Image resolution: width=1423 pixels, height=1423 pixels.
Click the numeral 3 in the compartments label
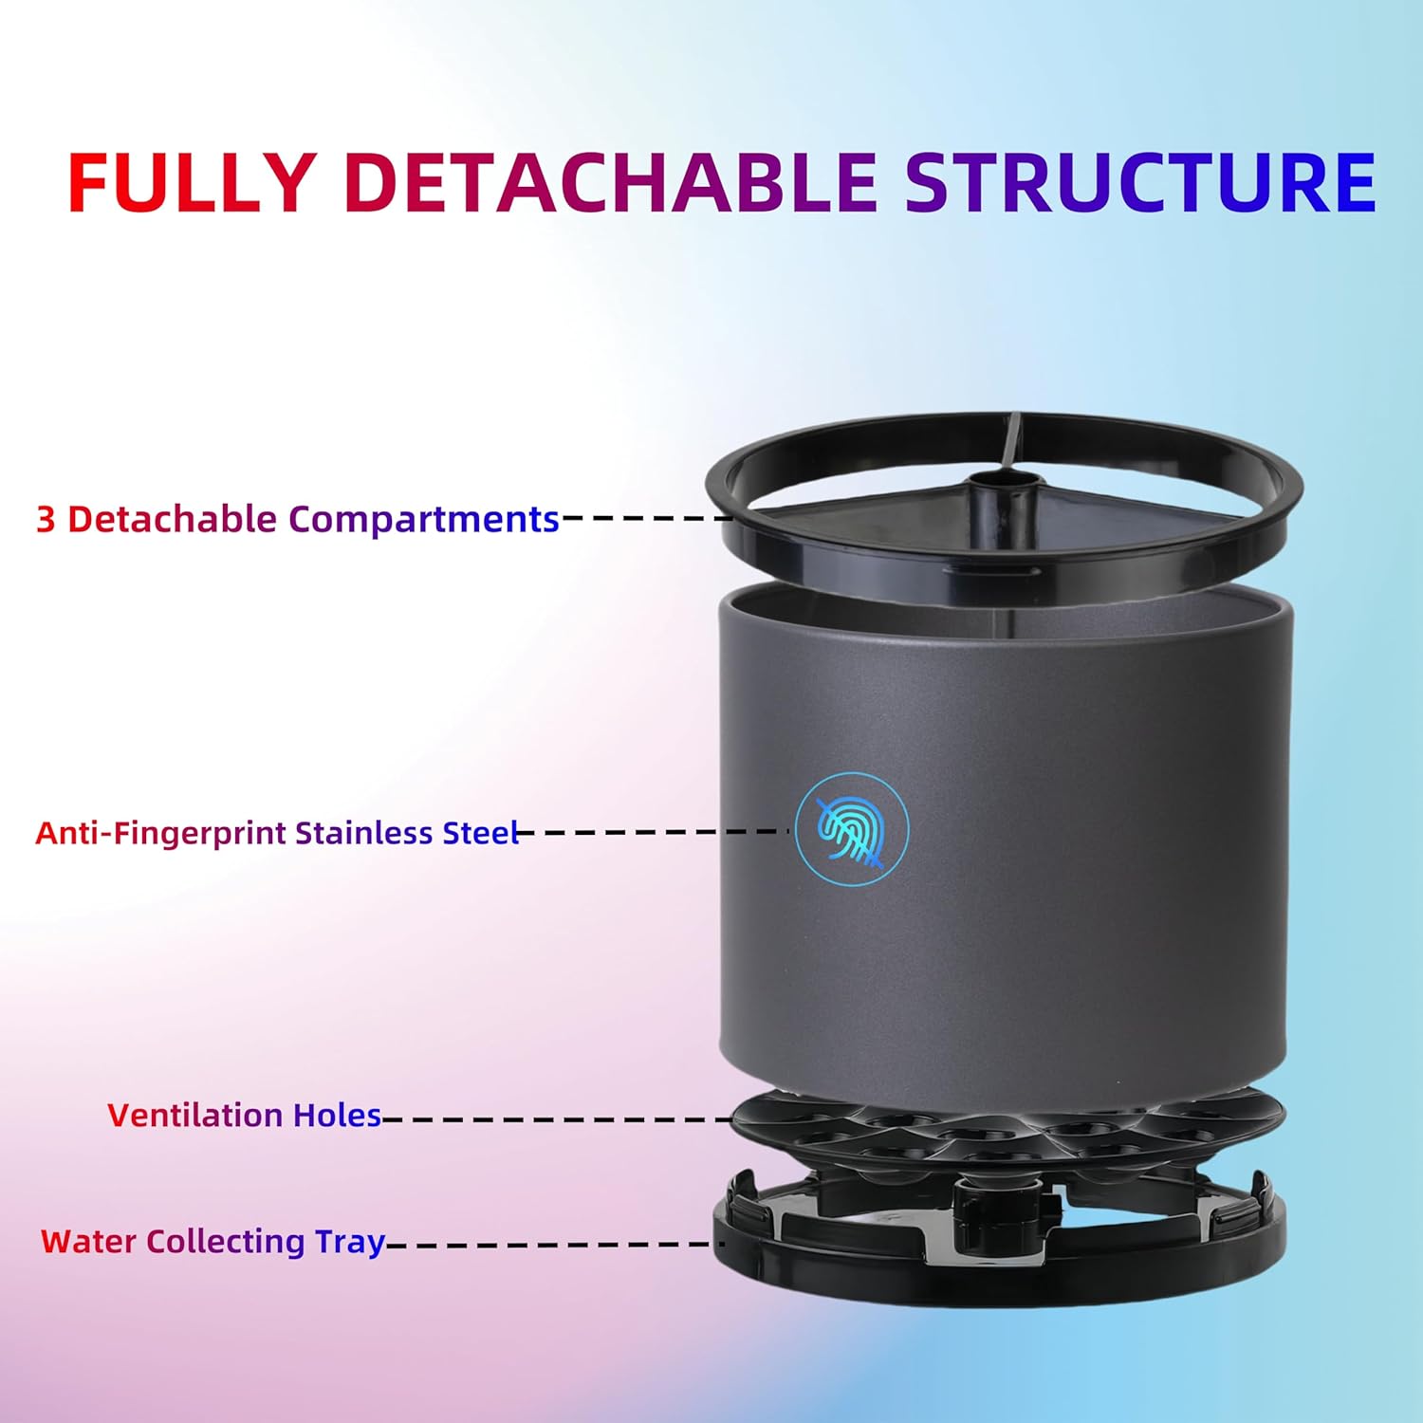(46, 520)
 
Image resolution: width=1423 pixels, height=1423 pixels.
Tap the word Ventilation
(195, 1116)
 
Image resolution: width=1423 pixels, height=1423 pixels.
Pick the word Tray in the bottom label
(350, 1244)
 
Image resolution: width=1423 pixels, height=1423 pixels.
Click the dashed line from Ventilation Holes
(558, 1119)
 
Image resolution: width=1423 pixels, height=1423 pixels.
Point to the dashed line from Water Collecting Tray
(554, 1244)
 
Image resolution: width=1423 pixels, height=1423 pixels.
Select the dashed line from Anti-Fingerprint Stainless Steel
(653, 832)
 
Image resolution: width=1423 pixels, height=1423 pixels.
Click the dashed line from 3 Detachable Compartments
(648, 518)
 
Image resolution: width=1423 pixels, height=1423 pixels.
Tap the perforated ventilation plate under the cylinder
(1007, 1129)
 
